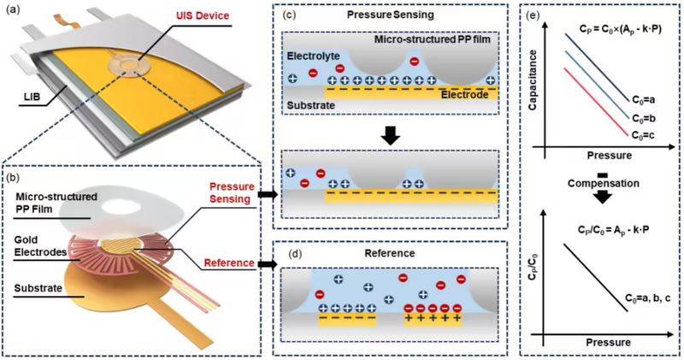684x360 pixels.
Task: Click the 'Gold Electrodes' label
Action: coord(33,251)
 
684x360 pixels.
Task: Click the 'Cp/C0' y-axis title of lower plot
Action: coord(551,273)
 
